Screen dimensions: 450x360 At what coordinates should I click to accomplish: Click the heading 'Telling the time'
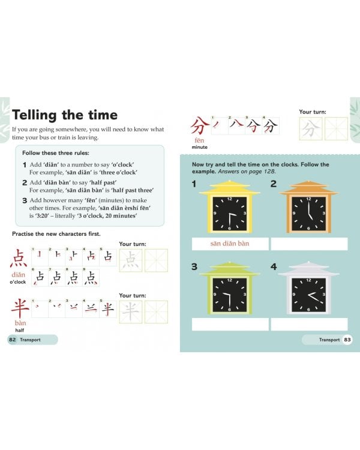point(65,115)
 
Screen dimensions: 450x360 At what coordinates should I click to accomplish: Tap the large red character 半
point(20,309)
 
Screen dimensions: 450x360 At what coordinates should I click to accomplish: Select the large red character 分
point(199,127)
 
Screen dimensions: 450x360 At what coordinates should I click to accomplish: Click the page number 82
point(12,340)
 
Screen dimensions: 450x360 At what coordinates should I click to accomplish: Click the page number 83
point(347,340)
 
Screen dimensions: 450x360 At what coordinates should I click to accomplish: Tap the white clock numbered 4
point(308,290)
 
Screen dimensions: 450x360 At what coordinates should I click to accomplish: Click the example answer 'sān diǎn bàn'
point(230,244)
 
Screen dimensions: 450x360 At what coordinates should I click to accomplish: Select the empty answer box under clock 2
point(308,244)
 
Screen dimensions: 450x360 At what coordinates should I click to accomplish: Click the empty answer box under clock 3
point(230,324)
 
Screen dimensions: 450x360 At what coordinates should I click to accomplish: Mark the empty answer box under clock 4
point(308,324)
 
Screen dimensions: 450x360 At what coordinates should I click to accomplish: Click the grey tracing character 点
point(131,260)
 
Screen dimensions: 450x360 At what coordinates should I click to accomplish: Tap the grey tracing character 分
point(310,128)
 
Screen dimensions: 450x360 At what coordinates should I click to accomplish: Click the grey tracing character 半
point(131,311)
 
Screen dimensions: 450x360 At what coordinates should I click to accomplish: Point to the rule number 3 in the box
point(25,200)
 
